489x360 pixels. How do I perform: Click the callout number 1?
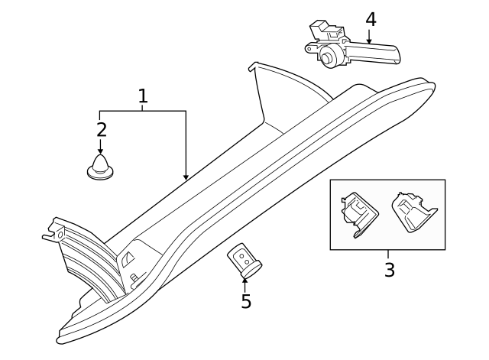142,96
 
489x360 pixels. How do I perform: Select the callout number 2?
101,129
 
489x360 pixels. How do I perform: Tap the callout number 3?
389,270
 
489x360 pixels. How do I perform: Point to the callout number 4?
371,19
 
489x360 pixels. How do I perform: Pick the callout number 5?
246,302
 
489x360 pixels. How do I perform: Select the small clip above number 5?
244,260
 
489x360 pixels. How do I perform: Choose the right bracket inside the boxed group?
411,212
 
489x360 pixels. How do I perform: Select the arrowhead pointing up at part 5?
245,281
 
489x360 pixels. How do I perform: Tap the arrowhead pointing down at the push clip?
101,151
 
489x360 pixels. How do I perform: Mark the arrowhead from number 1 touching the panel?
186,177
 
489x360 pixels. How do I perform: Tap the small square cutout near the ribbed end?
128,258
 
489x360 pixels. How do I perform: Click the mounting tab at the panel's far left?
53,230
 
